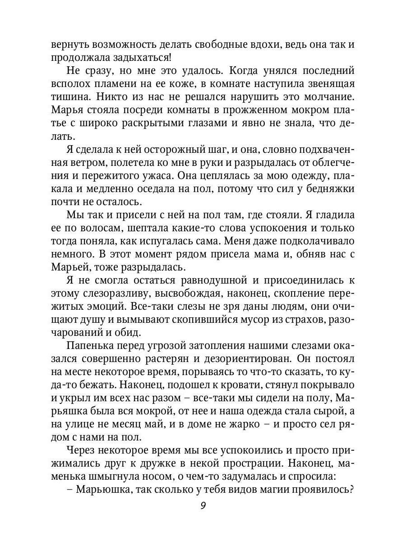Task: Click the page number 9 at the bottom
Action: [x=203, y=505]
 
